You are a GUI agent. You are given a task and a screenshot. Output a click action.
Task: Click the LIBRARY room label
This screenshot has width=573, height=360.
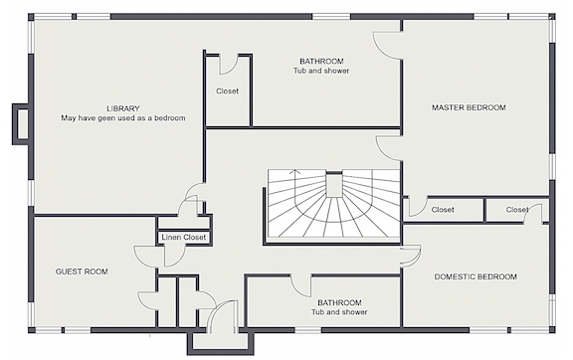coord(123,108)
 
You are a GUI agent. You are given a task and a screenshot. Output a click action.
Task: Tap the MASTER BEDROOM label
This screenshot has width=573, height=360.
coord(469,107)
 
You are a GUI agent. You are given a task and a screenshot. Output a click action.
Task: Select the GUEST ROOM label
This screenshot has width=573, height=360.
coord(82,271)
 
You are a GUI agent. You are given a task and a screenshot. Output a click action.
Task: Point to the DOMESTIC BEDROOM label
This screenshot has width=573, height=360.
coord(476,276)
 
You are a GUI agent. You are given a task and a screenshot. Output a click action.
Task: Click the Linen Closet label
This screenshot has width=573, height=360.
coord(184,238)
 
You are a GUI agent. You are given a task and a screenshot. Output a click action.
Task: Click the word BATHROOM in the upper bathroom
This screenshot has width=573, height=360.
coord(321,61)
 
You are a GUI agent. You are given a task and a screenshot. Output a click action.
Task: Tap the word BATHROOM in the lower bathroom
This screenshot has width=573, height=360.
coord(339,302)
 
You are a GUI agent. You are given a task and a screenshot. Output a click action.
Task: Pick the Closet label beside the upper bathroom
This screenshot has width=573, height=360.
coord(227,91)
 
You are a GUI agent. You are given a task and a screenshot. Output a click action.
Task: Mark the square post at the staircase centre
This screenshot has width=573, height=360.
coord(333,185)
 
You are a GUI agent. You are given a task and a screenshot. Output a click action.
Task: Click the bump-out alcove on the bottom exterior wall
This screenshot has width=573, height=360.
coord(221,342)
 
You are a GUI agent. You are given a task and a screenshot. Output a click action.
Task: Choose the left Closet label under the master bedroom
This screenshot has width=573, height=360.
coord(443,210)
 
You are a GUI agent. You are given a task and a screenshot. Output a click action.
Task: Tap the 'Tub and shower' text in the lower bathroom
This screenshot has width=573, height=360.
coord(339,312)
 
